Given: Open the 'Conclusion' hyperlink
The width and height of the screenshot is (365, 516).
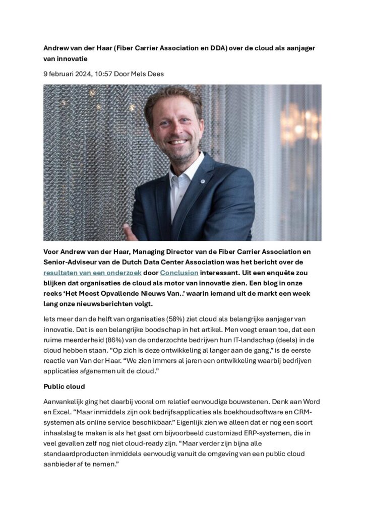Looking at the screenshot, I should click(179, 273).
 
